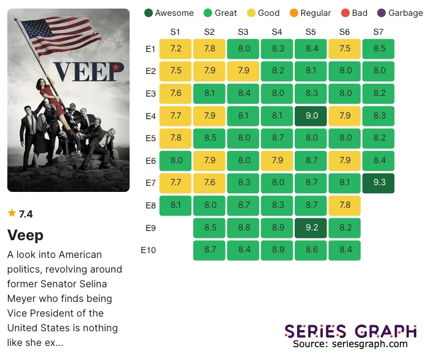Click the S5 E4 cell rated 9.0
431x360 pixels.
click(311, 116)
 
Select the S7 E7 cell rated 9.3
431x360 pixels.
click(378, 183)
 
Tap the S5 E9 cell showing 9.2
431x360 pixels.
click(311, 228)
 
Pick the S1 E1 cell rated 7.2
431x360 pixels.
click(175, 49)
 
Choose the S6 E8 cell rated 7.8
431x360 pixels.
click(344, 205)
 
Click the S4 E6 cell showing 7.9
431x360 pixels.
click(277, 161)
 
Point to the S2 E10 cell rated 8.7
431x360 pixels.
click(209, 250)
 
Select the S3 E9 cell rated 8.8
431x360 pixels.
click(243, 228)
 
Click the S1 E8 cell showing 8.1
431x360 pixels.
click(175, 205)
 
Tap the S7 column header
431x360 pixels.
click(378, 32)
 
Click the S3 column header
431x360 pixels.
click(243, 32)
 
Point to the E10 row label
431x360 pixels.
click(149, 250)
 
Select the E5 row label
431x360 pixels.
click(150, 138)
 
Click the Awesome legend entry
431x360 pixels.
click(169, 13)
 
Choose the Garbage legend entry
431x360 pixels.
click(400, 13)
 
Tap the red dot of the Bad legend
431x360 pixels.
click(344, 13)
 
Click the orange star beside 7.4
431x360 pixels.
click(12, 213)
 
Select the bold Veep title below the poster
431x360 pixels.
click(25, 235)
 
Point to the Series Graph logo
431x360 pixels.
click(350, 331)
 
